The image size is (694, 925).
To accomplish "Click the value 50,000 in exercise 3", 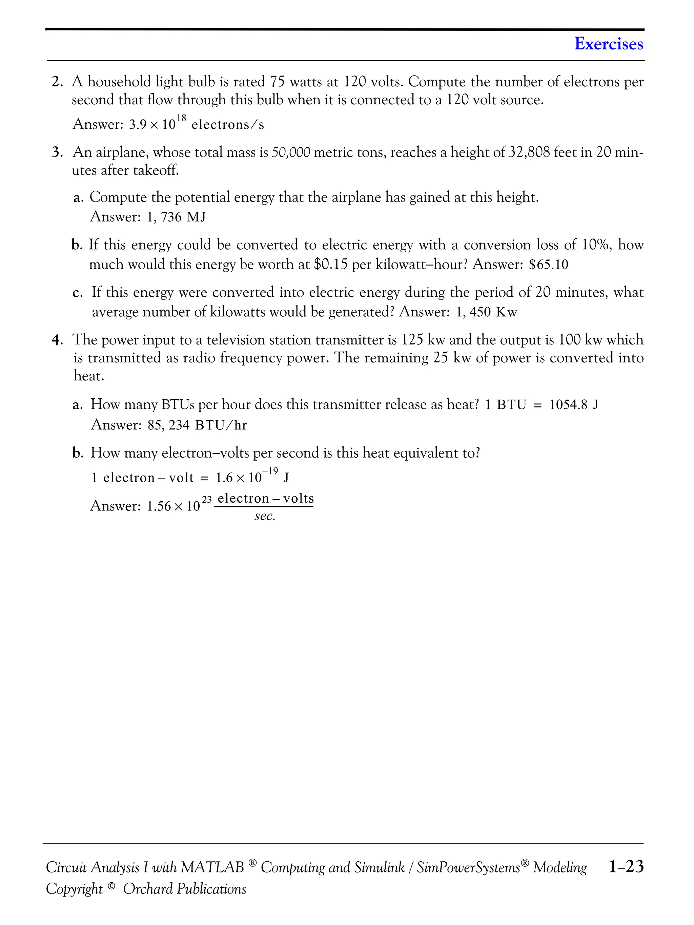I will (x=291, y=153).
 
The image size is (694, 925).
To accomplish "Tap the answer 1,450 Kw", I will (x=487, y=312).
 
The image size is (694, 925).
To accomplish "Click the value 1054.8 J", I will (x=573, y=405).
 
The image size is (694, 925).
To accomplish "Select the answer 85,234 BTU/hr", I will (x=197, y=425).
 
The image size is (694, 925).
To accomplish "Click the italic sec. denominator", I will (x=264, y=517).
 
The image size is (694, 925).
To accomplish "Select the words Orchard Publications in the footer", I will (x=184, y=889).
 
